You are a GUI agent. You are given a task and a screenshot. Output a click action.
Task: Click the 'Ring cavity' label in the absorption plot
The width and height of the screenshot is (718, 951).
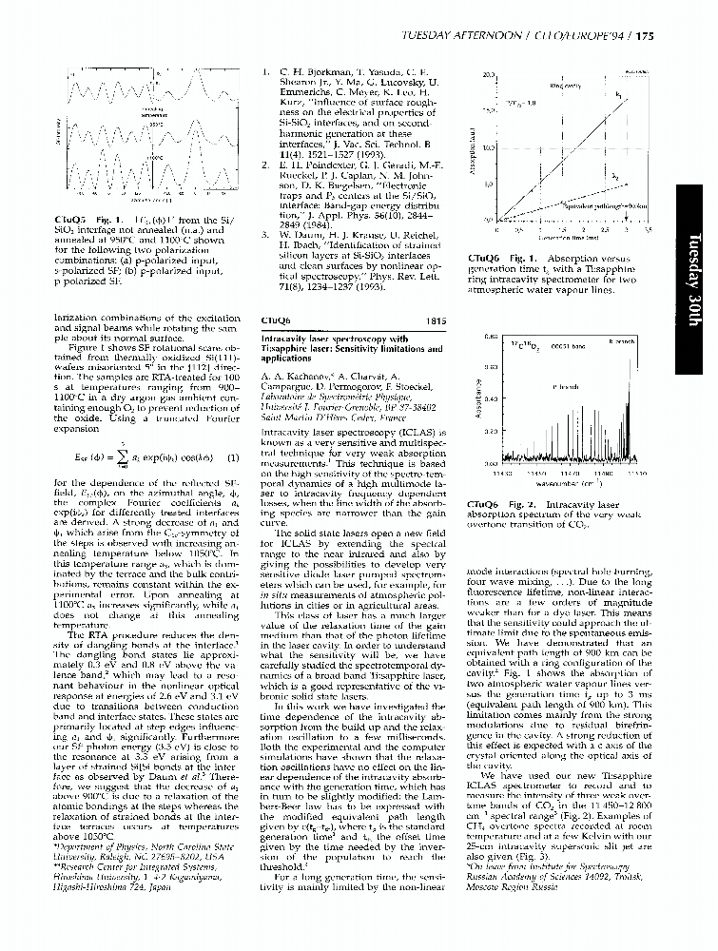tap(565, 85)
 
